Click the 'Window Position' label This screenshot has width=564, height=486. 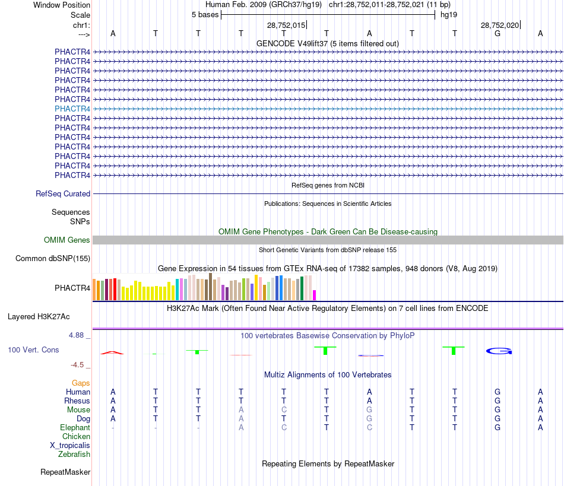tap(62, 5)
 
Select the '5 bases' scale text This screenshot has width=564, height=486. tap(205, 14)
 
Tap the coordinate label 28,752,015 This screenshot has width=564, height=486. tap(286, 26)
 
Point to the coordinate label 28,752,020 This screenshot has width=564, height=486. tap(500, 26)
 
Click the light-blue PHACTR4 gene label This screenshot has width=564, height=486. tap(72, 109)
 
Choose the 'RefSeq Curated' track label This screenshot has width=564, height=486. tap(63, 193)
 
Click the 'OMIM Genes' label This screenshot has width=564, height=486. tap(67, 240)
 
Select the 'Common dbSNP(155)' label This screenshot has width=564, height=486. tap(53, 258)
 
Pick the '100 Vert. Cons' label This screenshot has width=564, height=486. tap(33, 350)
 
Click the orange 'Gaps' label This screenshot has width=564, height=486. tap(81, 383)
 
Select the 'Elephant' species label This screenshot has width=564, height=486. tap(75, 427)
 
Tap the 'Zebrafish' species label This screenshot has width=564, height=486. tap(74, 454)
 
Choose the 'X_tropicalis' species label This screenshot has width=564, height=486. tap(70, 445)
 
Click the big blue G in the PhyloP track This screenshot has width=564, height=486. tap(499, 351)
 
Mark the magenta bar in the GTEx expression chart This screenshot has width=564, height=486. tap(315, 295)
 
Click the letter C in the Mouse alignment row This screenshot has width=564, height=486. tap(284, 409)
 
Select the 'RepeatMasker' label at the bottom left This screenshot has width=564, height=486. tap(65, 472)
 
